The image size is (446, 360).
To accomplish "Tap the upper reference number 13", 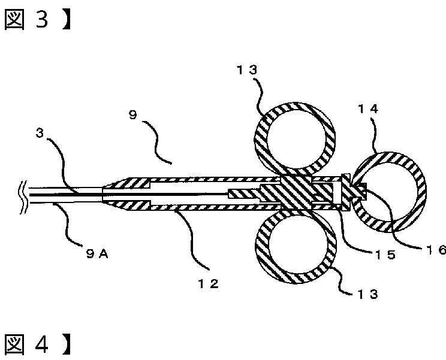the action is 247,70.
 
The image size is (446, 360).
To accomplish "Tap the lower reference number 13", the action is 367,294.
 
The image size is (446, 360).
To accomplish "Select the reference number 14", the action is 368,109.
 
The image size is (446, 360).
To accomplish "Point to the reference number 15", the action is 385,255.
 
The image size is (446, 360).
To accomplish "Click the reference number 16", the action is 436,250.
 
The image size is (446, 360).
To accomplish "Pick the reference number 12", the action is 209,283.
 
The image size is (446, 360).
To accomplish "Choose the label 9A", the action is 97,253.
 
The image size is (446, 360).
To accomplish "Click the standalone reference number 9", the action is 133,115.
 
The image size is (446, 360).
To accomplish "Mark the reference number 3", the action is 40,133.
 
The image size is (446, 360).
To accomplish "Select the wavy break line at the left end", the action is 23,197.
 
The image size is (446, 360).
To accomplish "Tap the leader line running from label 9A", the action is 67,225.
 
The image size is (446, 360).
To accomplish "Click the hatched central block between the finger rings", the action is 296,193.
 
